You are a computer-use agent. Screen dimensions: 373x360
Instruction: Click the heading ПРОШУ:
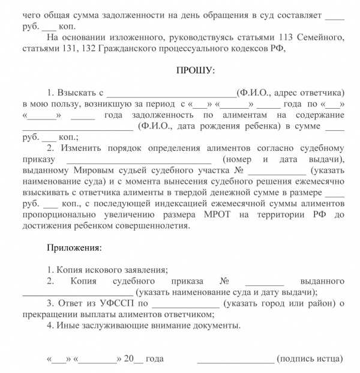(196, 71)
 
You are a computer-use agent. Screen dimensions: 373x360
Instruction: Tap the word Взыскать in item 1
(76, 93)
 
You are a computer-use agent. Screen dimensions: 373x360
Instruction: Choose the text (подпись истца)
(310, 359)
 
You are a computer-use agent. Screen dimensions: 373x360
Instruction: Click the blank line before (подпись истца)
(236, 359)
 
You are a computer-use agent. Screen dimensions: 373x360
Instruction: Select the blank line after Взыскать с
(172, 94)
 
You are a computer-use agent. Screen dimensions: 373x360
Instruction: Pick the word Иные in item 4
(68, 326)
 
